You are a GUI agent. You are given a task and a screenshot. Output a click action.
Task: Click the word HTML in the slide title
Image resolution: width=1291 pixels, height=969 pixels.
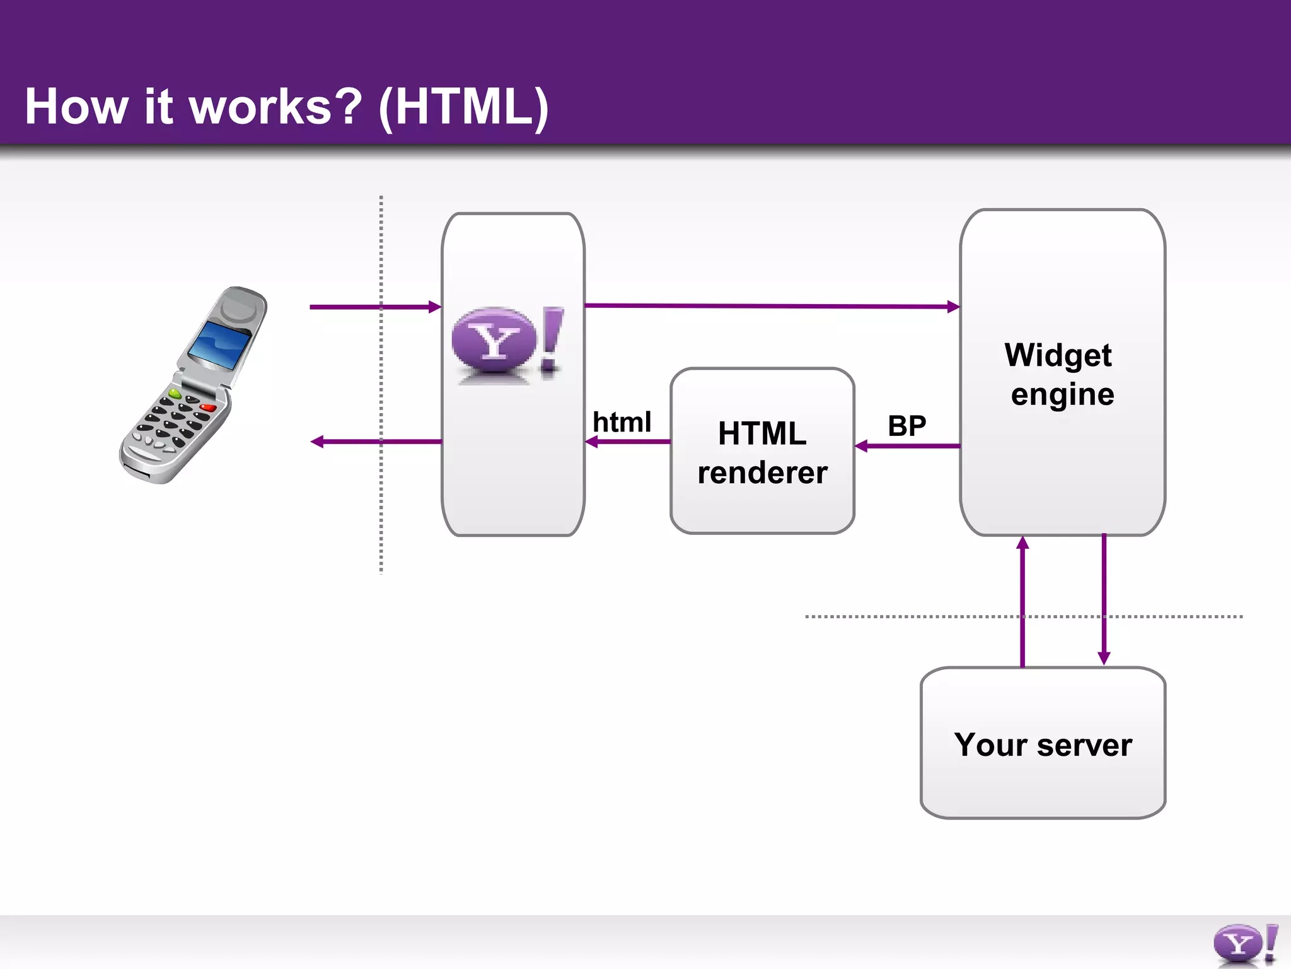[463, 107]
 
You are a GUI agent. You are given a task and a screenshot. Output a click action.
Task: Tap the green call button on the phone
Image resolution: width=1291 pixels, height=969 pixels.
[175, 394]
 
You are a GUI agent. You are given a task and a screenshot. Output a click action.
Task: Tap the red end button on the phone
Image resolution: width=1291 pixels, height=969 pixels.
[207, 408]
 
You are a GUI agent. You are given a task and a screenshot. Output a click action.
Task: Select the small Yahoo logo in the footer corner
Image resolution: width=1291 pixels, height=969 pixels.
[1244, 944]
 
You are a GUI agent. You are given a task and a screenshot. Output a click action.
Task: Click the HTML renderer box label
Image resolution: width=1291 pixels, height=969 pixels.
[762, 452]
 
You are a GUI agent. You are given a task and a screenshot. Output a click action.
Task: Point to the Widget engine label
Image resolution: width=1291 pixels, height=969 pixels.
[1061, 374]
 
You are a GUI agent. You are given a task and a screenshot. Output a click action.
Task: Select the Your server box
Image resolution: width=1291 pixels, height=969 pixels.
[1043, 744]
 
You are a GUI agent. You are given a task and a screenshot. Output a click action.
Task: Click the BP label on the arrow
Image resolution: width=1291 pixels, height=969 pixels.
[906, 426]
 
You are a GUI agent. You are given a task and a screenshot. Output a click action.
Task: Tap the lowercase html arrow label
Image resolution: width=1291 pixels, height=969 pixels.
[622, 422]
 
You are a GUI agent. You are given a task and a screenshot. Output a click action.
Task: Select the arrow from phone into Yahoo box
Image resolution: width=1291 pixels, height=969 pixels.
[372, 307]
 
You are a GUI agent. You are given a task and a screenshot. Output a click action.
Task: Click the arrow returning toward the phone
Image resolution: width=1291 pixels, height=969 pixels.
[372, 442]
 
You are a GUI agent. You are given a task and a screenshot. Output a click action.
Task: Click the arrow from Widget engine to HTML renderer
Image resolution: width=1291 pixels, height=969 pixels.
[908, 446]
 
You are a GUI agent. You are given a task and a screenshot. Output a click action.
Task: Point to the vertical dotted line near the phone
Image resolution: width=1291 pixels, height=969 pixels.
[381, 505]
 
